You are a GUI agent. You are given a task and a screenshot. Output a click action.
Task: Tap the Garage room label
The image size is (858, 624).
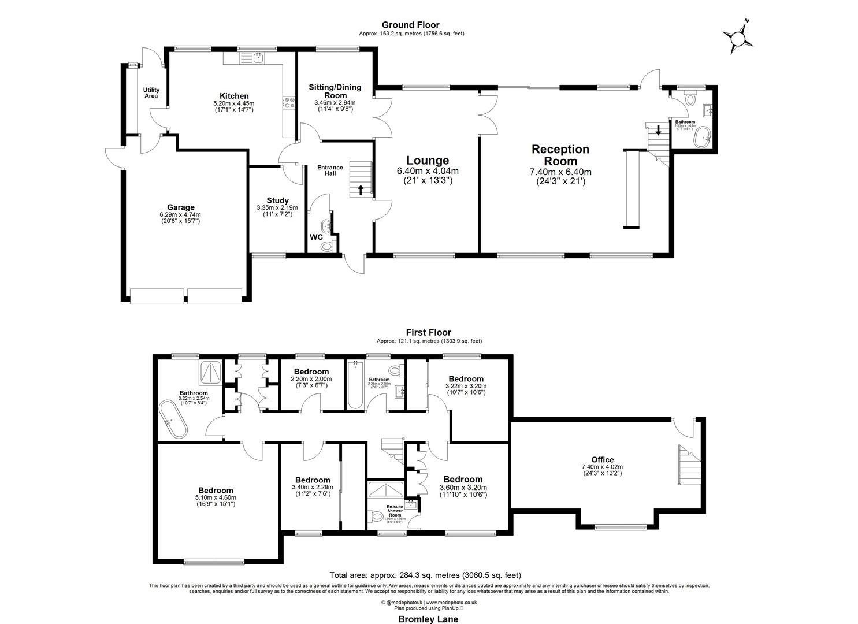coord(181,207)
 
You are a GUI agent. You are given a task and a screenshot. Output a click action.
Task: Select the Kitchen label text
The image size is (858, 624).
coord(234,96)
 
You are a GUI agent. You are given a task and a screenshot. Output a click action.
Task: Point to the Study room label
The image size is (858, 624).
coord(277,200)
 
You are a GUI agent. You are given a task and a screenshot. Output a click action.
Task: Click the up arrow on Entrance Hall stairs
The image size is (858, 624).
coord(361,190)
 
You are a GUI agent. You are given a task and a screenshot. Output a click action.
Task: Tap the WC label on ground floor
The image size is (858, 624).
coord(316,237)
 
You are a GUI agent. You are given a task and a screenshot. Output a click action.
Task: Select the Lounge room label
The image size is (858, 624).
coord(428,161)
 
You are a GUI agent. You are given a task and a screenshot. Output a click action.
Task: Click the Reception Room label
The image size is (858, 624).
coord(560,155)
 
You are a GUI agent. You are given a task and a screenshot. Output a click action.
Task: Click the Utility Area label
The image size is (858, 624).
coord(151,92)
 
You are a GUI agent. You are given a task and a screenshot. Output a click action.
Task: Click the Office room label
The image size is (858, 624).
coord(602,460)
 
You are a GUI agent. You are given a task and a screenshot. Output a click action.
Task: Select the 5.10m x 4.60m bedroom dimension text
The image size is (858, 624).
coord(216,497)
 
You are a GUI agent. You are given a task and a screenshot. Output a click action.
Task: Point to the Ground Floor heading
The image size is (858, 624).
coord(410,25)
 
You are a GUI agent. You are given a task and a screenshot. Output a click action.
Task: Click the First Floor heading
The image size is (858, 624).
coord(428,332)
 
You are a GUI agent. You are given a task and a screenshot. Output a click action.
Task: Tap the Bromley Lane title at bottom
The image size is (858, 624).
coord(428,619)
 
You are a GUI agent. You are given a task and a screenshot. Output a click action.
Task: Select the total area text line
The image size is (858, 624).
coord(425,575)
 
